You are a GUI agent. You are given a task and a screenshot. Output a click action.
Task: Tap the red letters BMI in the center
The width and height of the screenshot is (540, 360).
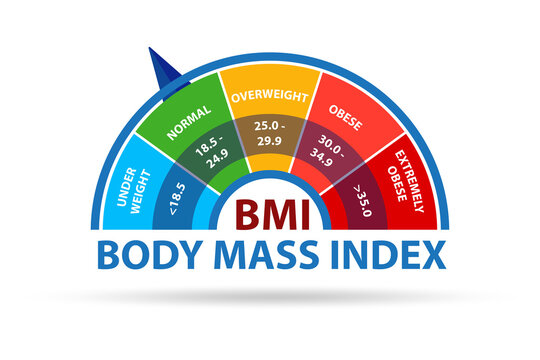coord(271,214)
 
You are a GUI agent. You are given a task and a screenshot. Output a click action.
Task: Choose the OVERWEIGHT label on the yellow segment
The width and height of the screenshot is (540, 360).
coord(270,97)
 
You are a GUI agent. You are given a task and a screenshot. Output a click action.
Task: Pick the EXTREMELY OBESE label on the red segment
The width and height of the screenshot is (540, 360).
coord(405,179)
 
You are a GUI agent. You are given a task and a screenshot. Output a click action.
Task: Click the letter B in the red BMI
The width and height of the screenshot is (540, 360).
coord(244,214)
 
